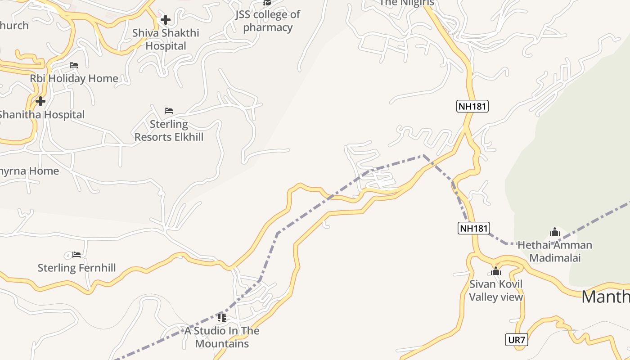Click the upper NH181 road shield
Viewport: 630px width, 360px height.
(472, 106)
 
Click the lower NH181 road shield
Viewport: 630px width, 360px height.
(473, 228)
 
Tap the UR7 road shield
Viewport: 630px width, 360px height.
(516, 340)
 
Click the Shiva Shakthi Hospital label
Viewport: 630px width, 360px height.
(166, 40)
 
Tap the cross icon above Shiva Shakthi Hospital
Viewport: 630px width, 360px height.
(166, 20)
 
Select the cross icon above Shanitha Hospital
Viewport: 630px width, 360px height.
(40, 101)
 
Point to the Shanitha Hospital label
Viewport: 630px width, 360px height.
(41, 115)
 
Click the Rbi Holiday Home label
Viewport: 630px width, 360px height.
(74, 78)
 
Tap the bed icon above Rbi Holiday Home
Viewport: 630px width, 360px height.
(74, 65)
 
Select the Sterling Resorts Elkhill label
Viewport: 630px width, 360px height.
(169, 130)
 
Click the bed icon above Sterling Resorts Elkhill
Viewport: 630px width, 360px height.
(169, 110)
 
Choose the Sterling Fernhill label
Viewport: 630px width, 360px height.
(76, 268)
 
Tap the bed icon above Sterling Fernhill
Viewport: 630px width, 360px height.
(76, 255)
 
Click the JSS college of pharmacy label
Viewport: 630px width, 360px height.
(268, 21)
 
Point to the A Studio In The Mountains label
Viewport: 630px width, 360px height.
(222, 337)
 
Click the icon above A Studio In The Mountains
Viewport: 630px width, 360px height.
(222, 318)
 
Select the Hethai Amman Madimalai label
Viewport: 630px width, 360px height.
(555, 251)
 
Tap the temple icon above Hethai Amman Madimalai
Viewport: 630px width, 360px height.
(555, 232)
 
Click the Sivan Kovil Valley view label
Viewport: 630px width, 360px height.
(496, 290)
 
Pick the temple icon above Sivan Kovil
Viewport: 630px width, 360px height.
(496, 271)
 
